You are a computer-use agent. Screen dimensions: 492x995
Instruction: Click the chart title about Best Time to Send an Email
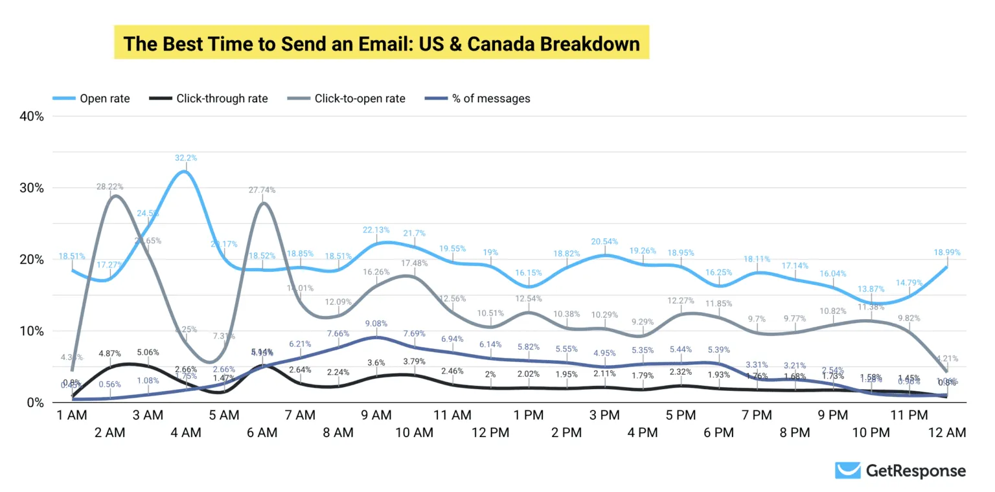click(382, 43)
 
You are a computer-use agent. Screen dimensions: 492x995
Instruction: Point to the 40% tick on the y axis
click(32, 117)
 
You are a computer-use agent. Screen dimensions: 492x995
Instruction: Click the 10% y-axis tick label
click(32, 331)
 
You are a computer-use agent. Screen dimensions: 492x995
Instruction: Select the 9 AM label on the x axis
click(376, 415)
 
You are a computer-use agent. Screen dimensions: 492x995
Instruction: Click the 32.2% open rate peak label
click(186, 158)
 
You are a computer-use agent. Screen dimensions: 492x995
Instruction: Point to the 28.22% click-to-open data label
click(109, 186)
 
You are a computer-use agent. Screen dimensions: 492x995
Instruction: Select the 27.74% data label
click(262, 190)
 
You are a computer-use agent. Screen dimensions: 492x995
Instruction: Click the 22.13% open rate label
click(376, 230)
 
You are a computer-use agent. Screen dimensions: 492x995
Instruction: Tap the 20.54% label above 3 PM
click(604, 241)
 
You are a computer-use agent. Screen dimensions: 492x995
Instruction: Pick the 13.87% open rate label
click(871, 289)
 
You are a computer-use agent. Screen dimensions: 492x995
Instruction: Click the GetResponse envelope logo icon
click(847, 471)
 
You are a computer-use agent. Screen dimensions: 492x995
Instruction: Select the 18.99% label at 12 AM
click(947, 252)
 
